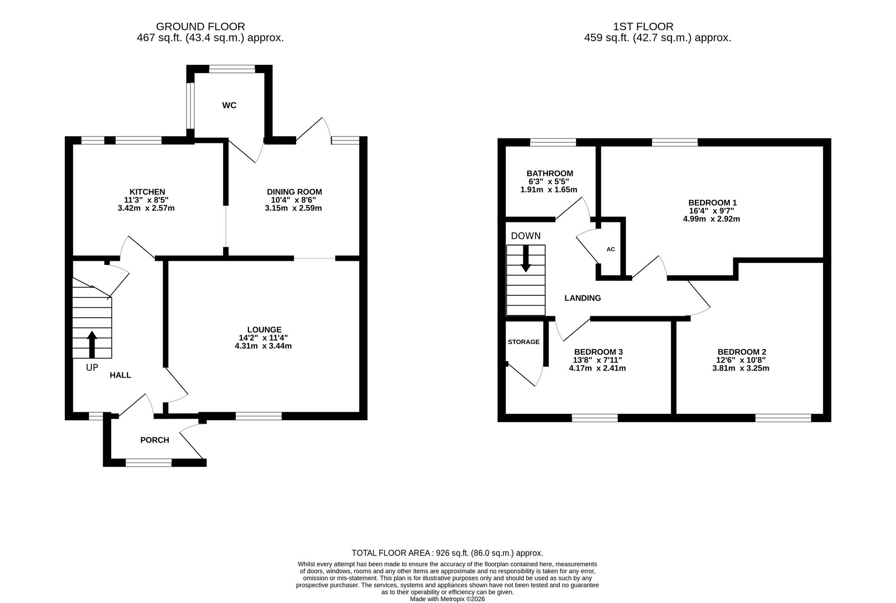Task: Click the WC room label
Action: click(229, 105)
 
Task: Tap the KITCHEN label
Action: click(147, 192)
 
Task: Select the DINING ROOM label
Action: click(294, 192)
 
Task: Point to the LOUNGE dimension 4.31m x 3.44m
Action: click(263, 346)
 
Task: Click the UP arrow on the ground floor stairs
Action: click(92, 345)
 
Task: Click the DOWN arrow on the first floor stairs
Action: click(526, 258)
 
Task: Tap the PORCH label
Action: click(155, 440)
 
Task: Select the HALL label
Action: click(121, 375)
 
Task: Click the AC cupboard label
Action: click(611, 249)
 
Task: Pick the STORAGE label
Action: click(524, 342)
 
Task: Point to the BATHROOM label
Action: click(550, 173)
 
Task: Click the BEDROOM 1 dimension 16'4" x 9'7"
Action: click(711, 211)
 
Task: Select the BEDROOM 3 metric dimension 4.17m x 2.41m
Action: click(597, 368)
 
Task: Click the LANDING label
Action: click(582, 298)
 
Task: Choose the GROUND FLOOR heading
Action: click(200, 27)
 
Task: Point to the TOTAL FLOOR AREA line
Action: click(447, 553)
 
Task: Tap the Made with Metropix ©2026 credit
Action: click(447, 599)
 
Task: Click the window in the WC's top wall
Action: click(232, 69)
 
